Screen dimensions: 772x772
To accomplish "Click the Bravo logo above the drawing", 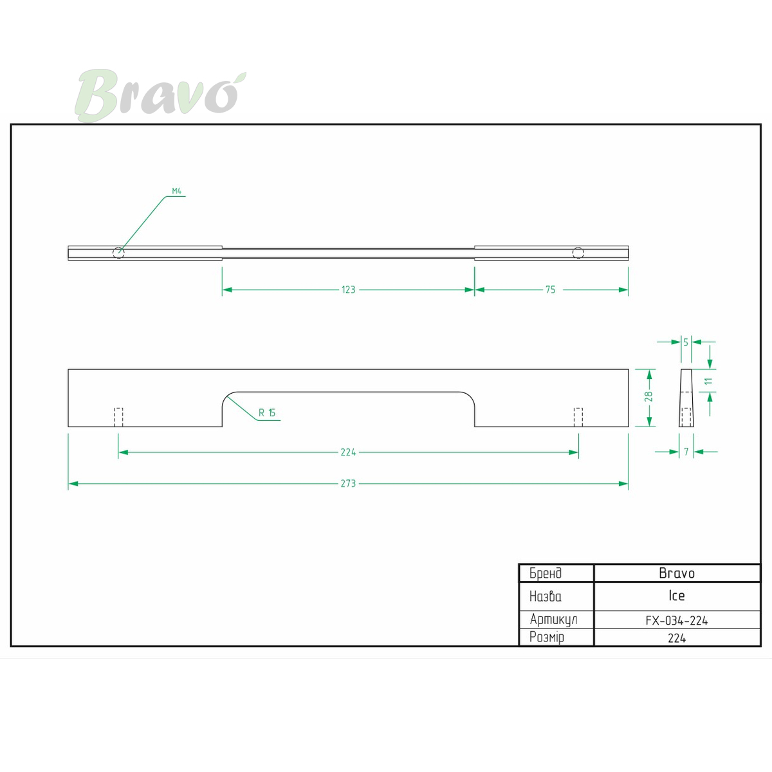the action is (x=160, y=95).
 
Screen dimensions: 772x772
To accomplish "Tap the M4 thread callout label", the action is (x=177, y=191).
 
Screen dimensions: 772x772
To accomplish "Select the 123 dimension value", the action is (x=349, y=289).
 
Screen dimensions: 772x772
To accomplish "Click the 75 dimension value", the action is (x=551, y=289).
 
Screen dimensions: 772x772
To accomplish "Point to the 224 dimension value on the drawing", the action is (x=348, y=452).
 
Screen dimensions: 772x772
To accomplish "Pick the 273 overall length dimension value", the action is (x=348, y=484).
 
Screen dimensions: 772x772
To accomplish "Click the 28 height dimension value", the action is (x=648, y=396).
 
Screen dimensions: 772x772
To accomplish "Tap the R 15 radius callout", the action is (x=267, y=412).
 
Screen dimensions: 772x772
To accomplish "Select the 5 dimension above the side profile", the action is (x=686, y=342).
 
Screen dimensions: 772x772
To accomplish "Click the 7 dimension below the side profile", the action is (x=686, y=452).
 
